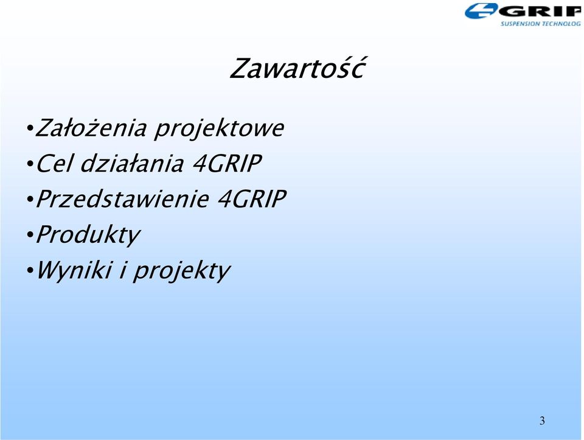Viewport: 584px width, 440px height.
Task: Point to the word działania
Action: tap(132, 163)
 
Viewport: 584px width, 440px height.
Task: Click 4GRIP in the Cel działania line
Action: tap(227, 163)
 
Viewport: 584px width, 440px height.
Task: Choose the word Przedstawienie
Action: tap(122, 198)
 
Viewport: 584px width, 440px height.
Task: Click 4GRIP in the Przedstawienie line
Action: tap(252, 198)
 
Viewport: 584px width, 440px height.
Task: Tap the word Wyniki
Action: tap(74, 270)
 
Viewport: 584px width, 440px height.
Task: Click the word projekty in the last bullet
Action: tap(182, 271)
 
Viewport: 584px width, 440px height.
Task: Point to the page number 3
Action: tap(542, 421)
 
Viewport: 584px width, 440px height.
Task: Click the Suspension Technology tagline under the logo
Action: tap(540, 24)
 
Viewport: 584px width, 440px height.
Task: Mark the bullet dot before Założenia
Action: tap(30, 129)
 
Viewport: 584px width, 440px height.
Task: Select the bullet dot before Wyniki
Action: tap(30, 271)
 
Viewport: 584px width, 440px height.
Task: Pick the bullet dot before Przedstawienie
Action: tap(30, 200)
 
